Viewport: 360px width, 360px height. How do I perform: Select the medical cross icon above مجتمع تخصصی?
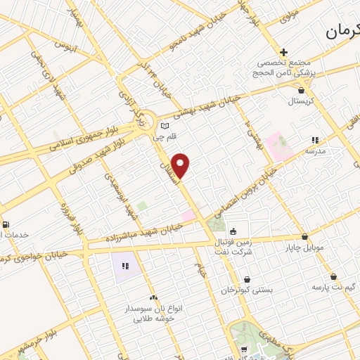(283, 53)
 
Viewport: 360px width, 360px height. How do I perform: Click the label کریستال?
(302, 102)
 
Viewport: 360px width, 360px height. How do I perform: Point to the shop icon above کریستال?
(302, 90)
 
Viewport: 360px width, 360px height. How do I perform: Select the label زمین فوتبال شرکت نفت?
(238, 246)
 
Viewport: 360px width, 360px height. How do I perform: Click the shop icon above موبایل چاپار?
(304, 237)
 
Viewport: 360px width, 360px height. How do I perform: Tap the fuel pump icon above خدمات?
(6, 225)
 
